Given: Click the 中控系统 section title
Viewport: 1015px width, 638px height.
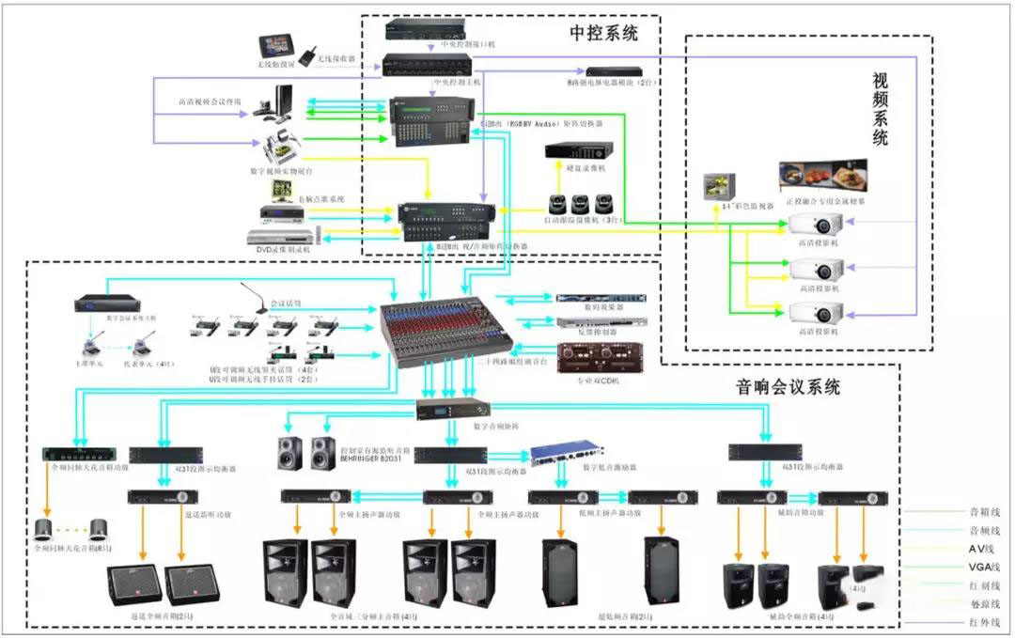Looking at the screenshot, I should point(604,34).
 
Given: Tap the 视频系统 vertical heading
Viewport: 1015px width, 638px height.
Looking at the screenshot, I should point(880,107).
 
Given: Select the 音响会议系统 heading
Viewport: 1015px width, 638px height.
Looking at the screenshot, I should point(787,386).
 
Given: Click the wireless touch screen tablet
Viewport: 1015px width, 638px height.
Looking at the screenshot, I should point(279,47).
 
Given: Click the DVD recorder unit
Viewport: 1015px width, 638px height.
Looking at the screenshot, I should point(277,235).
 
